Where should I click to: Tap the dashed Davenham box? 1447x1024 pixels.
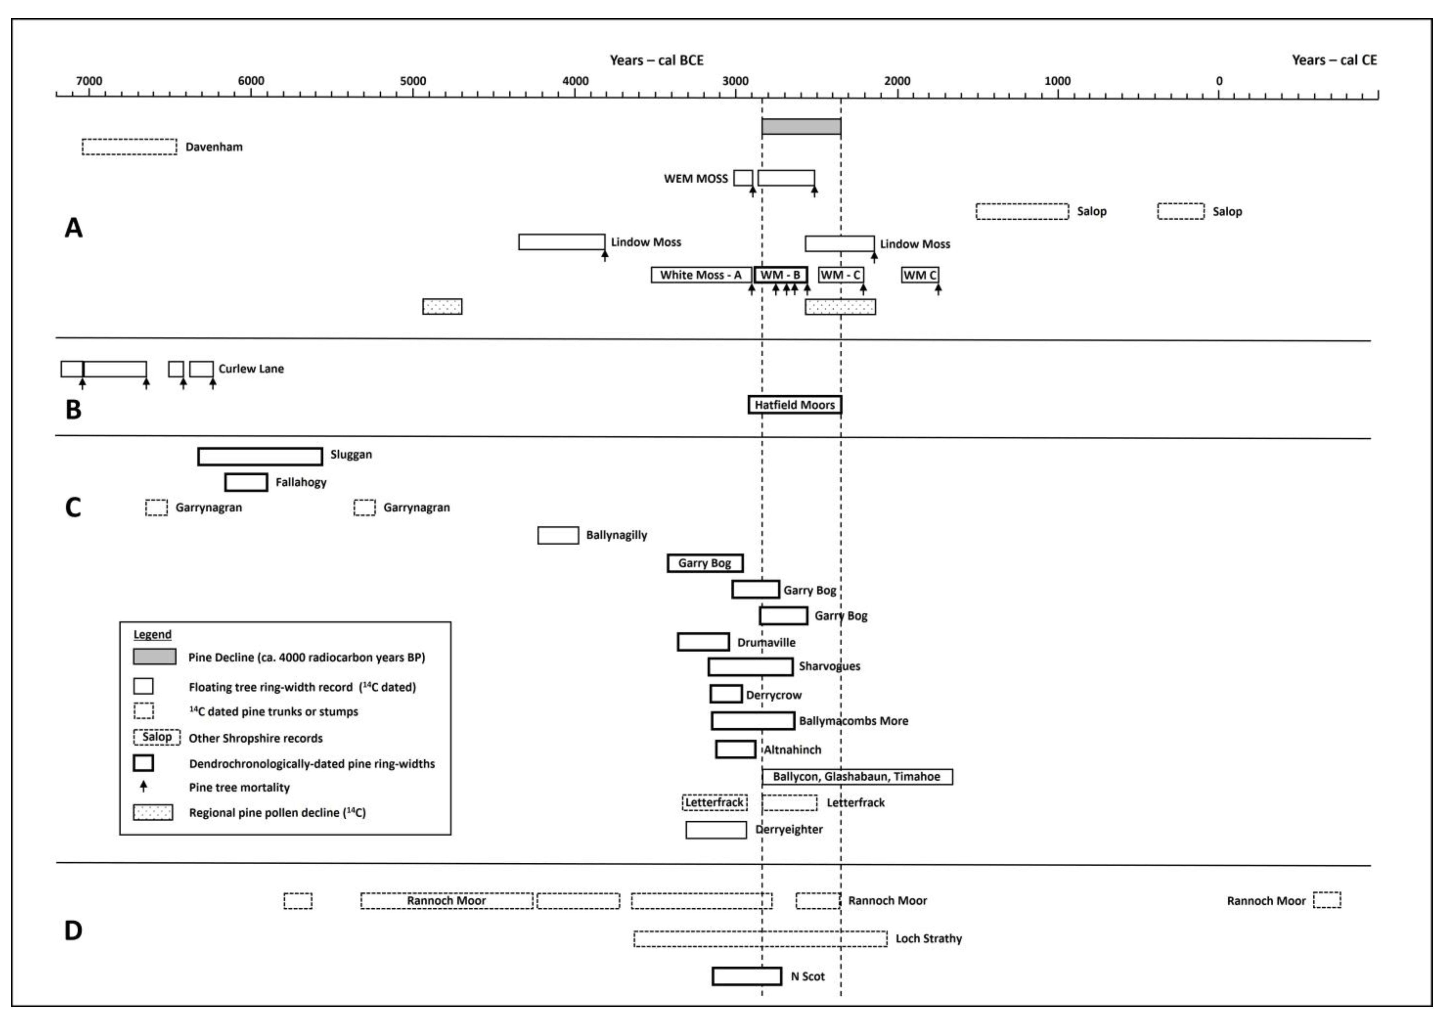[x=129, y=147]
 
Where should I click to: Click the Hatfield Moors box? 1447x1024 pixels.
[x=795, y=405]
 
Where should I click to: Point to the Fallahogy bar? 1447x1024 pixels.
[x=246, y=482]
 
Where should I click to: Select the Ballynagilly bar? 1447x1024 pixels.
[x=558, y=535]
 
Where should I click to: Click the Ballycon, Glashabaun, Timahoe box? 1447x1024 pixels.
[x=857, y=777]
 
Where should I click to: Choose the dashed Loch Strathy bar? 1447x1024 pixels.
[x=760, y=939]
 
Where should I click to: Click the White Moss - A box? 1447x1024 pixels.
[x=701, y=275]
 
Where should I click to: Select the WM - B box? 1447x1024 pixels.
[x=781, y=275]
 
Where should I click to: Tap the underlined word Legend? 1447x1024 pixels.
[x=152, y=634]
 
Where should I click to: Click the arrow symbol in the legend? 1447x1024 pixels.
[x=144, y=786]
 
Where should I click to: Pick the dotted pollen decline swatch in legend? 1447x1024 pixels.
[x=153, y=812]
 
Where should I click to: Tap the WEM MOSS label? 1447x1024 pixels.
[x=695, y=179]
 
